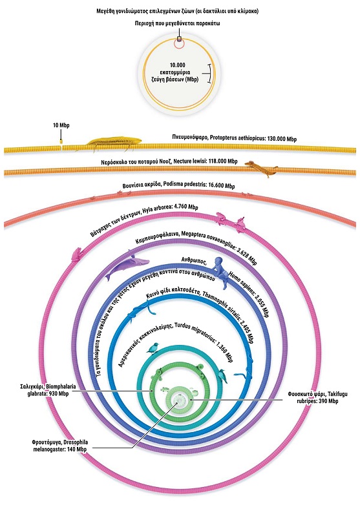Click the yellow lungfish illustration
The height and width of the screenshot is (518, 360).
coord(114,142)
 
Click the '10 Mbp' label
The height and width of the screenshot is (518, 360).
coord(61,125)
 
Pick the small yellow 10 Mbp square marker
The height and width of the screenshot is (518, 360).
coord(61,141)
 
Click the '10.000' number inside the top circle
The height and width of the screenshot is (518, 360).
coord(178,65)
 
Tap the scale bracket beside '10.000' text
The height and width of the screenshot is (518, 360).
coord(208,73)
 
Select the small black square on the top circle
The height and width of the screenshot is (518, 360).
coord(179,39)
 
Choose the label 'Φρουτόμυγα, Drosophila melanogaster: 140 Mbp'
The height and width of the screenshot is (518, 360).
coord(60,446)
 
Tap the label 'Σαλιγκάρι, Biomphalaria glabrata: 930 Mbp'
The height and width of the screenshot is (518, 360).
coord(48,390)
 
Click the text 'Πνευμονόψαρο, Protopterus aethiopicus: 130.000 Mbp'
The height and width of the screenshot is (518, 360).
coord(235,138)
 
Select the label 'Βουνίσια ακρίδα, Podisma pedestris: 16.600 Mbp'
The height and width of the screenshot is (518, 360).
coord(179,185)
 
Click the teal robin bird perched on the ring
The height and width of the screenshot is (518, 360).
coord(153,348)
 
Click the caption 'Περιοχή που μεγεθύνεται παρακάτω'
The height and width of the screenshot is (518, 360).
coord(178,23)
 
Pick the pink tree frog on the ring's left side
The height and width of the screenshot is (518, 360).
coord(76,254)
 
